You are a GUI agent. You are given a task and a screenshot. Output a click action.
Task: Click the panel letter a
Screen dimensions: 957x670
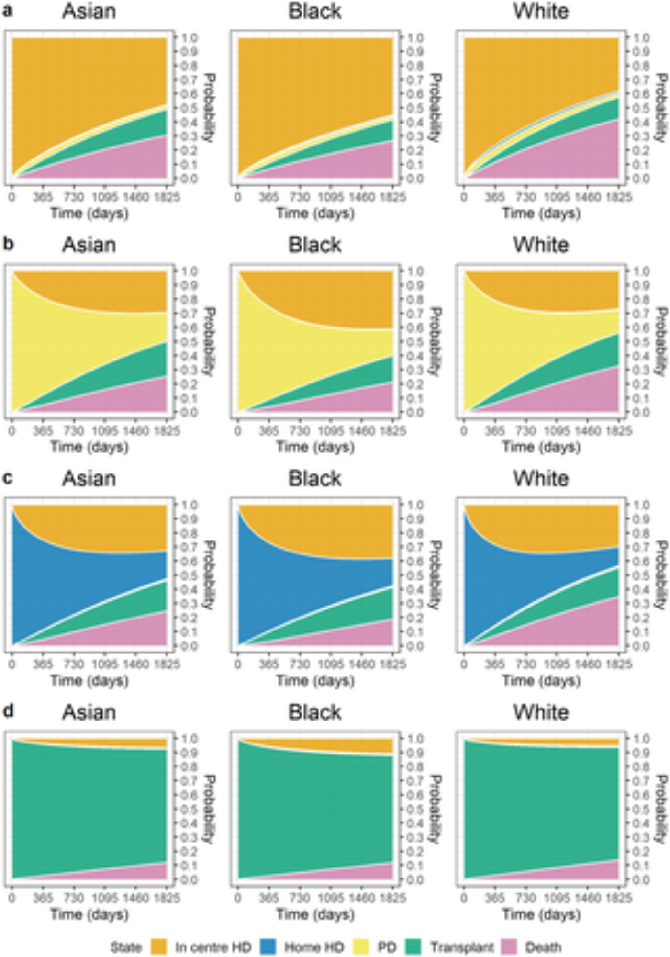coord(8,11)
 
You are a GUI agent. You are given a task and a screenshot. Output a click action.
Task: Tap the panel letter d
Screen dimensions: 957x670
coord(8,711)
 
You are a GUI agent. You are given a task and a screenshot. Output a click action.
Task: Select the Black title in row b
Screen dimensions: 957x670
coord(314,245)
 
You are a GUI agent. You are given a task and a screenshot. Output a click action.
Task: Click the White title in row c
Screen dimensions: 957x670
coord(541,479)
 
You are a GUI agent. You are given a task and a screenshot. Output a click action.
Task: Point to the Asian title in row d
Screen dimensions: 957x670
coord(89,712)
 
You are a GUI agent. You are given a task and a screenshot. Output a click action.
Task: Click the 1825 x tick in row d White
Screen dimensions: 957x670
coord(619,898)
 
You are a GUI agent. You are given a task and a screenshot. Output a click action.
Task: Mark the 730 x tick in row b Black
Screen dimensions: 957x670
coord(300,430)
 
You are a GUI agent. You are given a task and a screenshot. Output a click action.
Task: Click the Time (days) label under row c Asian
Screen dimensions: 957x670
coord(89,680)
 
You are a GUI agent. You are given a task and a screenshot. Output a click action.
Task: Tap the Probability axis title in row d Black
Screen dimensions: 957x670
coord(435,810)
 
